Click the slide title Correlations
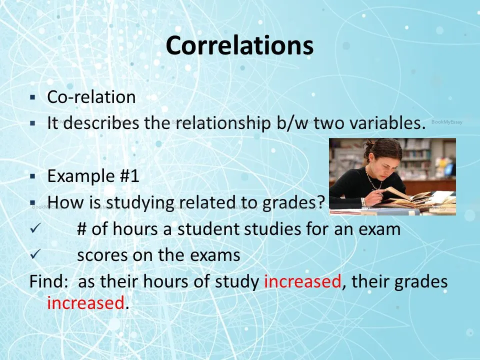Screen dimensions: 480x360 tap(239, 45)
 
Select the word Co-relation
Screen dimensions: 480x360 tap(91, 97)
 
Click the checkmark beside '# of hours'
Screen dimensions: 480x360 tap(35, 228)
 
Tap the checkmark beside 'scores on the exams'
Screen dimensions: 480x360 tap(35, 254)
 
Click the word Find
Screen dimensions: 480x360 tap(48, 281)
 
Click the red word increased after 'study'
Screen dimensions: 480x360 tap(302, 281)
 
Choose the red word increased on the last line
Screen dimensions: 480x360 tap(85, 303)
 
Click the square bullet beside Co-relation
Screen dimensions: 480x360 tap(33, 97)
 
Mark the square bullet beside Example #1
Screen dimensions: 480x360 tap(33, 176)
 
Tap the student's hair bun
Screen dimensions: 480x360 tap(368, 145)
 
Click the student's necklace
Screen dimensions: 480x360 tap(374, 180)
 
